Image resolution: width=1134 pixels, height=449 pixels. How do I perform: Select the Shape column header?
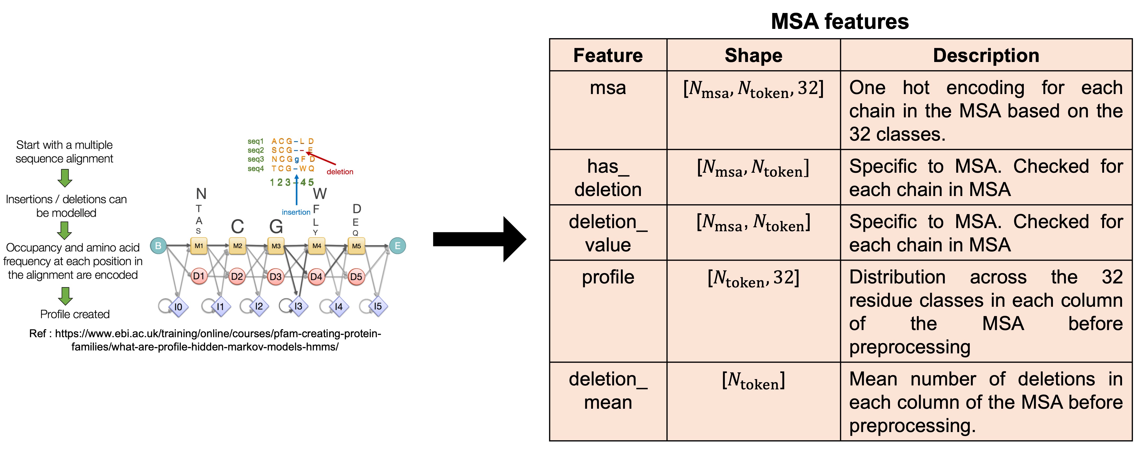[x=753, y=55]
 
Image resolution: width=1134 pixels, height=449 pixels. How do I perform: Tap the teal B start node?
[x=158, y=246]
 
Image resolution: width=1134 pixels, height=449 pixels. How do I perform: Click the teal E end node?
[x=397, y=246]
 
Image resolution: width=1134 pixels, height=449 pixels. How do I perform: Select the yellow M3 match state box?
[x=276, y=246]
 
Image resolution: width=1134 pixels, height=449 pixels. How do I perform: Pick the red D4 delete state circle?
[x=316, y=277]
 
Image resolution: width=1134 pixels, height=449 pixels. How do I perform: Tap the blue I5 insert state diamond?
[x=378, y=306]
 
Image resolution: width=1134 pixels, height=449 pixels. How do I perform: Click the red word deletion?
[x=340, y=172]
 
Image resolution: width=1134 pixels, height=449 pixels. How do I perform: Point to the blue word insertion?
[x=296, y=212]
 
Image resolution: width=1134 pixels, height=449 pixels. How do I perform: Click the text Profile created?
[x=75, y=314]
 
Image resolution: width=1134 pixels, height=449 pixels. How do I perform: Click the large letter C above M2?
[x=237, y=227]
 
